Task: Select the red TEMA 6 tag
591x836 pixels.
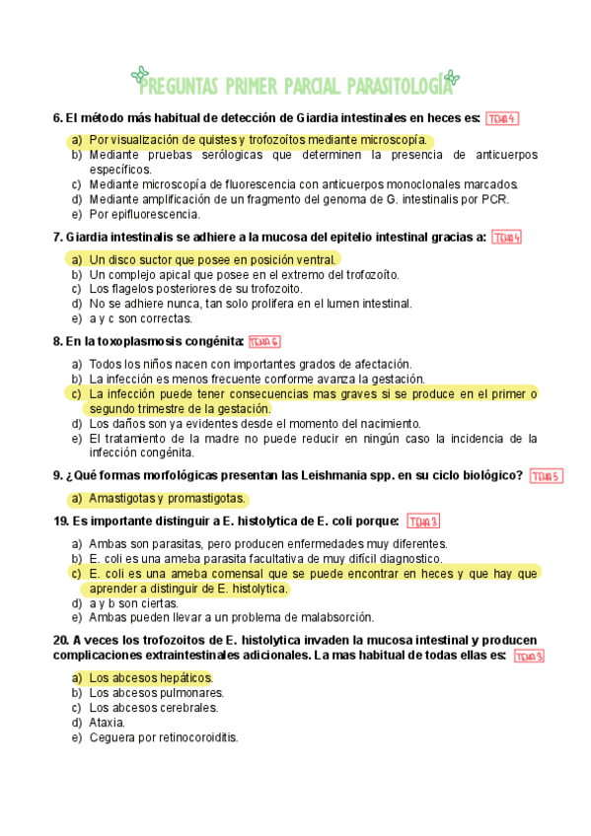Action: pyautogui.click(x=264, y=342)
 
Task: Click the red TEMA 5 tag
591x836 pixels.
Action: pyautogui.click(x=546, y=476)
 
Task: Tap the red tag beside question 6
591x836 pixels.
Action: pyautogui.click(x=502, y=119)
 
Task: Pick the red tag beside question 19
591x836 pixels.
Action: pyautogui.click(x=422, y=522)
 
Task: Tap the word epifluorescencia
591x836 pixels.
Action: pyautogui.click(x=158, y=214)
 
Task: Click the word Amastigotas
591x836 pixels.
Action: pyautogui.click(x=123, y=499)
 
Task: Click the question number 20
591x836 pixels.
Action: pyautogui.click(x=59, y=640)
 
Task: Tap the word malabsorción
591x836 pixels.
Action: pyautogui.click(x=330, y=618)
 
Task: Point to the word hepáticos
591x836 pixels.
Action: pyautogui.click(x=179, y=678)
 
